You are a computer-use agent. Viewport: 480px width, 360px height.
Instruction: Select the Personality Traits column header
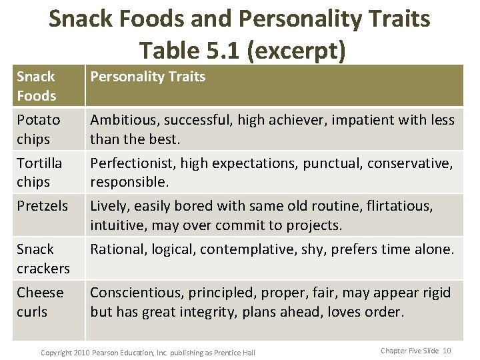pyautogui.click(x=148, y=77)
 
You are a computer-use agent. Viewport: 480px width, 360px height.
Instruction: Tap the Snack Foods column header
pyautogui.click(x=36, y=86)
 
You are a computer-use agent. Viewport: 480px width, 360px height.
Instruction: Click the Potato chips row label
pyautogui.click(x=38, y=129)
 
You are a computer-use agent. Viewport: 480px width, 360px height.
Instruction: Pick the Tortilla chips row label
pyautogui.click(x=39, y=172)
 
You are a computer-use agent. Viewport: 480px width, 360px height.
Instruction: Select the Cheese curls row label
pyautogui.click(x=40, y=301)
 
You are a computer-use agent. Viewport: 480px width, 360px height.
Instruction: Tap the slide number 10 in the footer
pyautogui.click(x=447, y=350)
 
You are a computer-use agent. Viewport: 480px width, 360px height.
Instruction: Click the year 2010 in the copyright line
pyautogui.click(x=79, y=351)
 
